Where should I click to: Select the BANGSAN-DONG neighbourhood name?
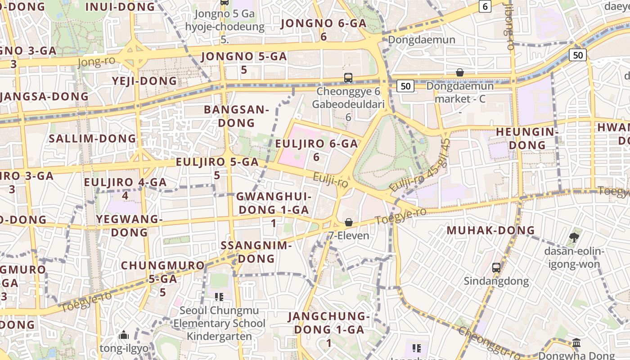pos(236,116)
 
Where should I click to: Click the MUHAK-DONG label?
pos(490,230)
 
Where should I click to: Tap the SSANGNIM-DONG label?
pos(256,252)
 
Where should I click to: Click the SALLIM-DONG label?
pos(92,138)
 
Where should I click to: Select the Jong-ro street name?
pos(96,61)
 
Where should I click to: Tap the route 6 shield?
pos(485,6)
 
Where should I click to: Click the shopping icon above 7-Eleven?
pos(349,222)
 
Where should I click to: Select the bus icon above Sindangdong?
pos(496,268)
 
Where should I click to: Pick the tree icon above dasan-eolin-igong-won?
pos(574,237)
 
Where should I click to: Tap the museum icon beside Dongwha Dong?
pos(576,343)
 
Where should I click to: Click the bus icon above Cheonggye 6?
pos(348,77)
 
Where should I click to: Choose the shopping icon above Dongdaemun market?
pos(460,72)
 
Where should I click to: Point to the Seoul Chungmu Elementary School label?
pos(220,317)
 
